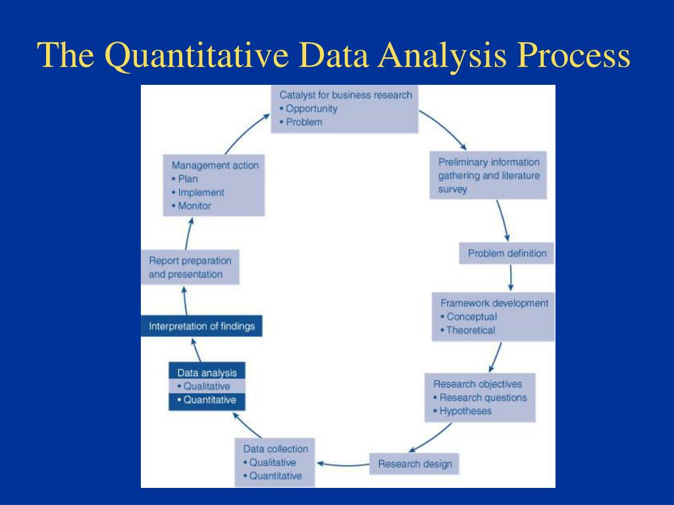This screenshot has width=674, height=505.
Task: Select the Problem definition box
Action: click(x=506, y=253)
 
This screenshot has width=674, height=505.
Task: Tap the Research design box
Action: click(x=415, y=464)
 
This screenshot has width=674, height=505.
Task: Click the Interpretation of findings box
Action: click(x=201, y=326)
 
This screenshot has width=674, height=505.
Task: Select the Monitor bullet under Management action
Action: click(x=194, y=206)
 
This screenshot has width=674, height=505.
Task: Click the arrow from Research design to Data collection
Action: click(x=342, y=464)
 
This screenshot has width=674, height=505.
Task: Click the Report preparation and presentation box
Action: click(x=190, y=268)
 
